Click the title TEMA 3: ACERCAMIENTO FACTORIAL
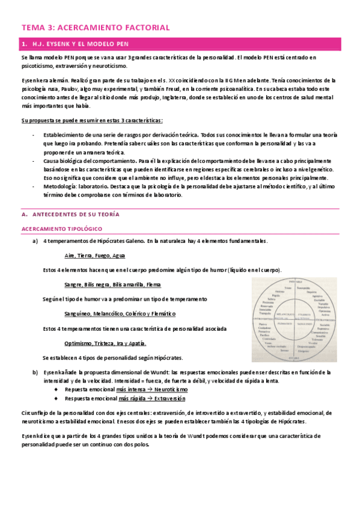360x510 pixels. tap(96, 27)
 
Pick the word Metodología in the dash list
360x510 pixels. tap(59, 187)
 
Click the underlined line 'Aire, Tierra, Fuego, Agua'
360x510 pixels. tap(95, 255)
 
